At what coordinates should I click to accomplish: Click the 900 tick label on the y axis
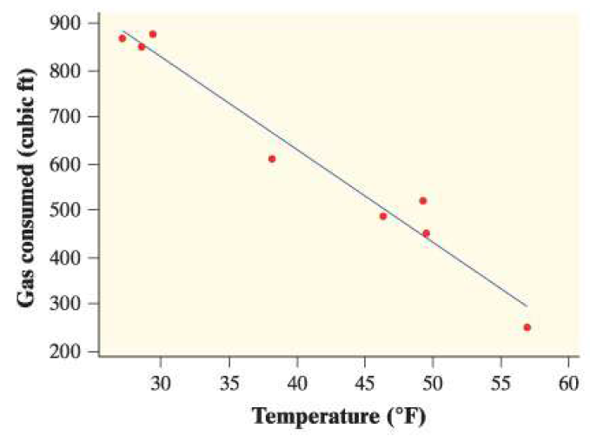73,23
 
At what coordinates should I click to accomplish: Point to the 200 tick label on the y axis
73,352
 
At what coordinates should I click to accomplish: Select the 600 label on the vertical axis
73,164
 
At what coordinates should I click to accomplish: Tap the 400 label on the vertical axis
73,258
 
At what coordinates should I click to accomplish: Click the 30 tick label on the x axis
161,382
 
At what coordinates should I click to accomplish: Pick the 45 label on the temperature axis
365,382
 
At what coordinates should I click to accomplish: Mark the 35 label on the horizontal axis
229,382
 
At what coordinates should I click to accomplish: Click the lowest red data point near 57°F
527,327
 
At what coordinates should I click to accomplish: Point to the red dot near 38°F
272,158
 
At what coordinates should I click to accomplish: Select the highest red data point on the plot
153,34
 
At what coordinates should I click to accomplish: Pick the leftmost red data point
123,38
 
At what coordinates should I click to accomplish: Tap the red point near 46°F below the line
383,216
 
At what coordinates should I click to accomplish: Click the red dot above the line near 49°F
423,200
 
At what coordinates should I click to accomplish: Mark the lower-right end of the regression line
527,305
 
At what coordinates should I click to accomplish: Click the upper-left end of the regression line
123,30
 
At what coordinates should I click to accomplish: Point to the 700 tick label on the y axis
73,117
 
